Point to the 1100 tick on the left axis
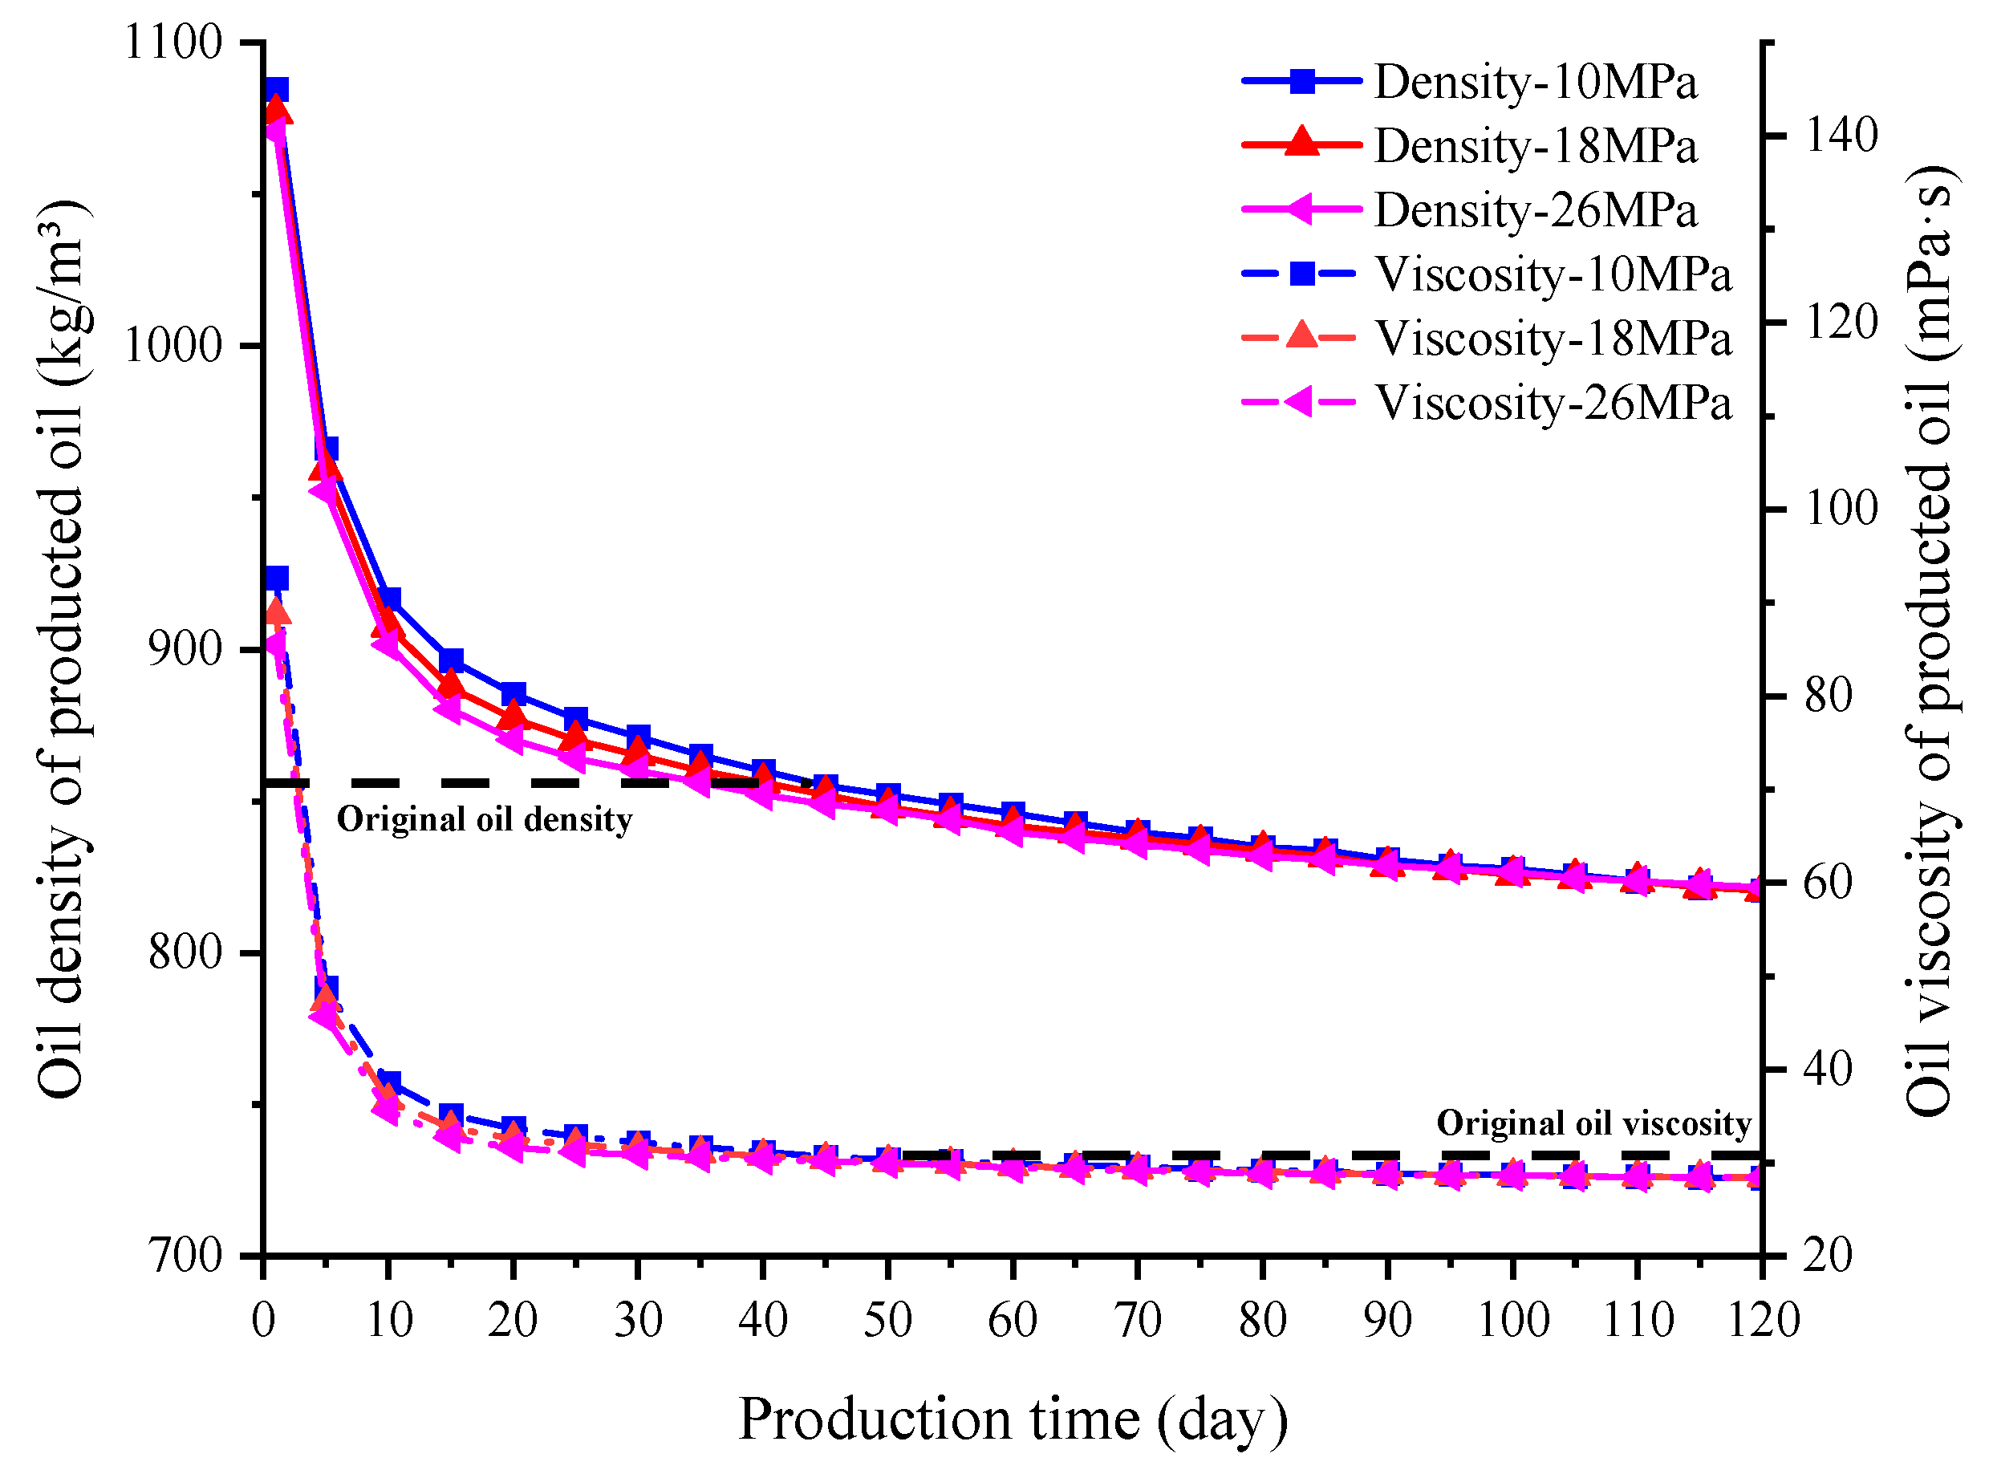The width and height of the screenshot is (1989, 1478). [x=173, y=42]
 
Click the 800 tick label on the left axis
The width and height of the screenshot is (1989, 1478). [x=185, y=951]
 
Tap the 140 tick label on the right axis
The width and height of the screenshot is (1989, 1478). [x=1841, y=136]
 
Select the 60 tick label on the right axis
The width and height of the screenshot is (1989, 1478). [x=1828, y=882]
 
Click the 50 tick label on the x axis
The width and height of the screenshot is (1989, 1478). [x=887, y=1321]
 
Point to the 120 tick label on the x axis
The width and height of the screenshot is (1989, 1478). [x=1762, y=1321]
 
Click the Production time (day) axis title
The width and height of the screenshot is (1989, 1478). [x=1012, y=1419]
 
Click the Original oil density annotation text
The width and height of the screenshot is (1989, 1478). [x=484, y=819]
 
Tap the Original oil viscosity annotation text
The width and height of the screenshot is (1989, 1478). [x=1593, y=1123]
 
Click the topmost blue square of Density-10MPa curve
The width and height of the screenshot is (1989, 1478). [x=277, y=91]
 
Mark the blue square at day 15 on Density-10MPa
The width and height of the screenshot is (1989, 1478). [x=451, y=661]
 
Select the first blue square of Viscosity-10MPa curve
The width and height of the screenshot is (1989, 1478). [x=277, y=578]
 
